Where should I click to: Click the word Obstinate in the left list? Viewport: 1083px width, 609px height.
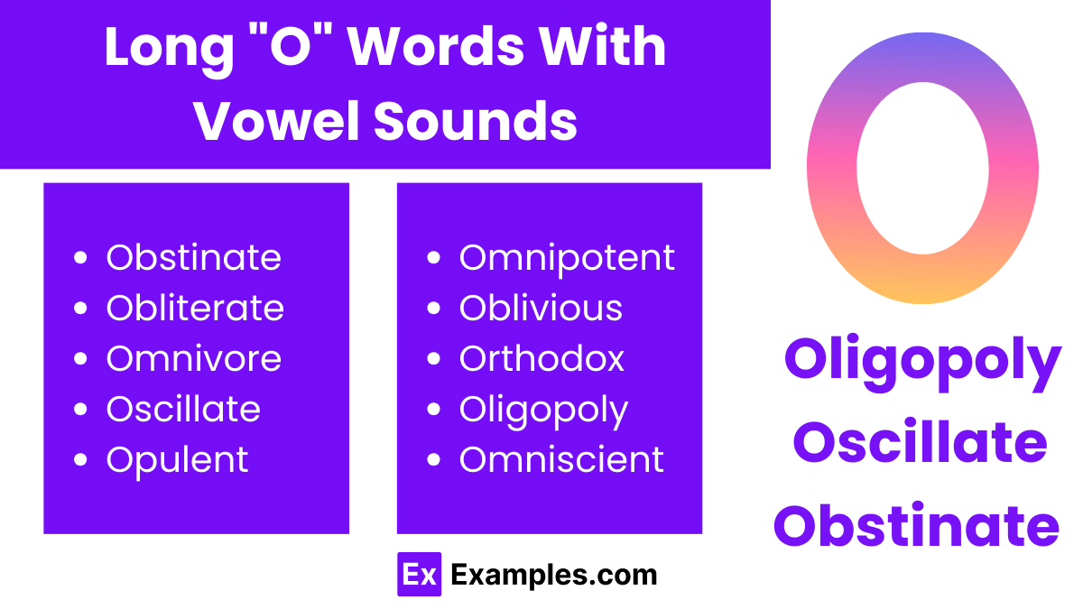click(193, 258)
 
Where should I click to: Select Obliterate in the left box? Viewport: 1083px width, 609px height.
click(195, 309)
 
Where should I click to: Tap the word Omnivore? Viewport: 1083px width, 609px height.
click(193, 359)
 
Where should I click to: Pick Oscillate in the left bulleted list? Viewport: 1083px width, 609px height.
click(183, 410)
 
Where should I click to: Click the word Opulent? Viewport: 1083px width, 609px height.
click(177, 460)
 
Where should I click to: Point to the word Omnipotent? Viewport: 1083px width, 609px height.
click(567, 258)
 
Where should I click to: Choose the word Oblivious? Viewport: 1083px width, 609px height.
click(541, 309)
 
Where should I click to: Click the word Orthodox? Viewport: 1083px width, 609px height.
click(541, 359)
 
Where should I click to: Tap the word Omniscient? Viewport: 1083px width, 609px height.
click(561, 460)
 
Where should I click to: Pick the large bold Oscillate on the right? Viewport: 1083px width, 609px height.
click(920, 443)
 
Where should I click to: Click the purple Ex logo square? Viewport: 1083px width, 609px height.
click(419, 575)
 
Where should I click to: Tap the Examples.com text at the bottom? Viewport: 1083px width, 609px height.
click(553, 575)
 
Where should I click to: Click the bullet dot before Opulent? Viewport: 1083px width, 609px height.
click(81, 461)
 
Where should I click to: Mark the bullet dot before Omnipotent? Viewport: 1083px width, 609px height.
click(434, 259)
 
